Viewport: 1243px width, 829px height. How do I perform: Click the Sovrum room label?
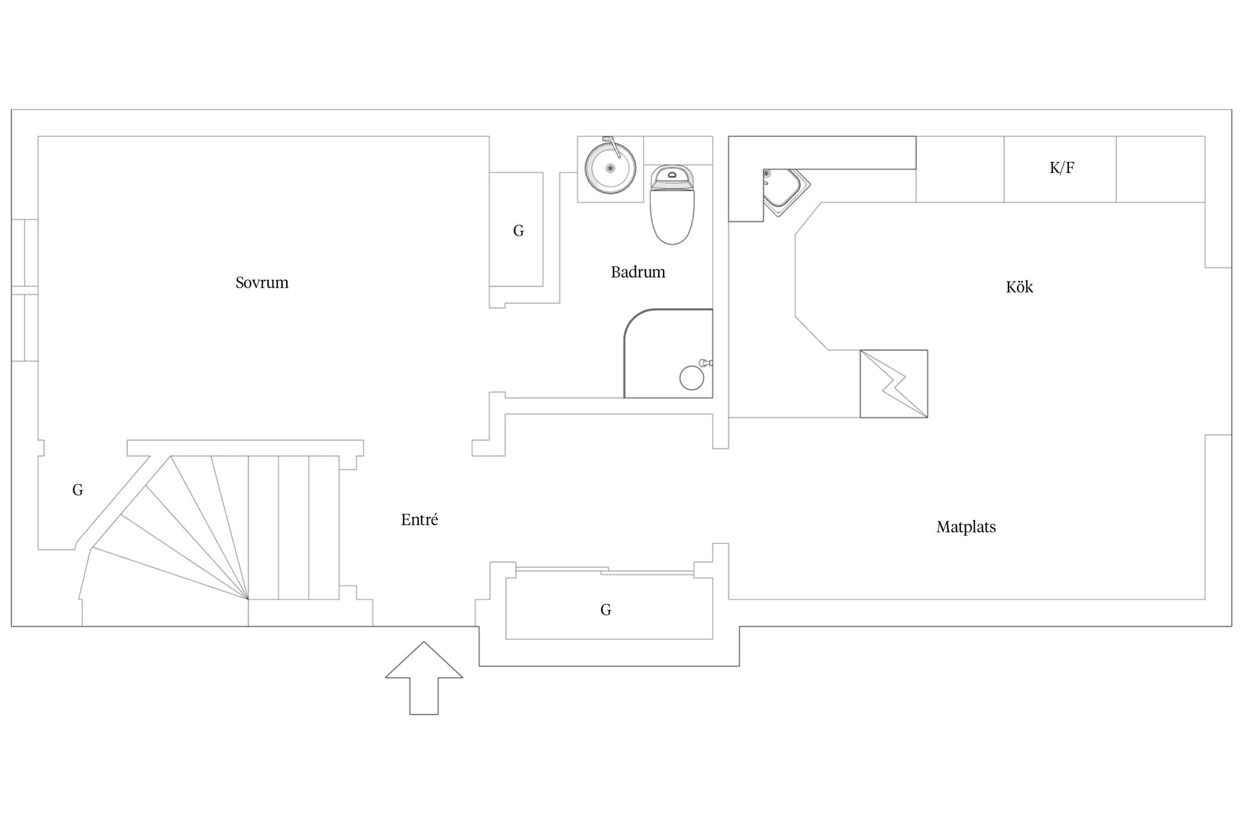262,282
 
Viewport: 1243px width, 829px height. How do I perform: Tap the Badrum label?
638,272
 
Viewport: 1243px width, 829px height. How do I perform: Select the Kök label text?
1019,287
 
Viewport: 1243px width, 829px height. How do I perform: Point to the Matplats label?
966,527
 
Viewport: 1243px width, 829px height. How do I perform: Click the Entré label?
420,519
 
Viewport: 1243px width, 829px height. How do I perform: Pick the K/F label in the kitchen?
1062,168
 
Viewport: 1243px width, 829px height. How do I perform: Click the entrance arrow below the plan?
424,678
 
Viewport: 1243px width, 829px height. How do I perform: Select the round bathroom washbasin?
610,166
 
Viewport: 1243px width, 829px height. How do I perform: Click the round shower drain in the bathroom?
691,378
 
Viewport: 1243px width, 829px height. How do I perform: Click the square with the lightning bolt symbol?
893,383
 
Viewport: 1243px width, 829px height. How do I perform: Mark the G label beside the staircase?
78,490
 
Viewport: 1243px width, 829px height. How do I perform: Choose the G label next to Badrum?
519,231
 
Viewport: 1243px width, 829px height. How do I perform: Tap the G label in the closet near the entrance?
606,609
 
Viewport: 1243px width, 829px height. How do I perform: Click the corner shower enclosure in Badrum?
668,354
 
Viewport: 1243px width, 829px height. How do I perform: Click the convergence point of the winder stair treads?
248,598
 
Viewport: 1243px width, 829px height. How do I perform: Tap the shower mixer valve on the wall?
706,363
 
